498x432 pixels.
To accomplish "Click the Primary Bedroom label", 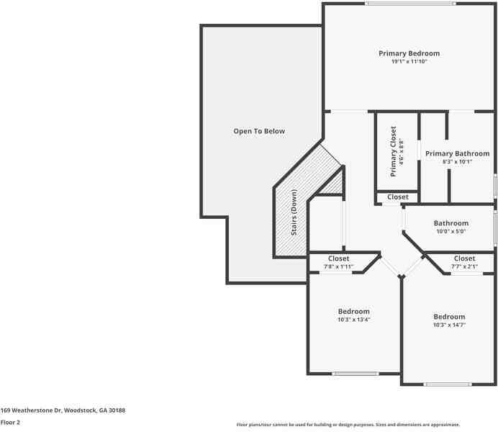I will click(x=409, y=53).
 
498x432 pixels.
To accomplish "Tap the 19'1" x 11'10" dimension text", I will click(x=409, y=62).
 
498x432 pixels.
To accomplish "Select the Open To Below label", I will click(x=259, y=131).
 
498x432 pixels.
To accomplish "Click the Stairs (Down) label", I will click(x=294, y=213).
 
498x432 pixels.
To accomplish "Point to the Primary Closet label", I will click(x=394, y=151).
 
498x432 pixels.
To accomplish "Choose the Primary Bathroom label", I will click(x=457, y=153).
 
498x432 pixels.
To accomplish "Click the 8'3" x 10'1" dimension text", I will click(x=457, y=162).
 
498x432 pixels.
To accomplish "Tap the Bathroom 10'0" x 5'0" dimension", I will click(x=451, y=232).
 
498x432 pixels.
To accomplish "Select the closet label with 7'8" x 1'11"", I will click(x=338, y=258).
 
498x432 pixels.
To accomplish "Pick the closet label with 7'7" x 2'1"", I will click(x=464, y=258).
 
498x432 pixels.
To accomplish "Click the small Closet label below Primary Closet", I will click(x=397, y=197).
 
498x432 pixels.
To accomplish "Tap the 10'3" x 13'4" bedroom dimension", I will click(x=353, y=320).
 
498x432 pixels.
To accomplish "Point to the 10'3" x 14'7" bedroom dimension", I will click(x=448, y=325).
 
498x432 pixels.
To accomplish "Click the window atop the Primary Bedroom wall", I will click(x=409, y=4).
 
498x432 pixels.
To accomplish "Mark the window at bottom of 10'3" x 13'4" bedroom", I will click(x=355, y=374).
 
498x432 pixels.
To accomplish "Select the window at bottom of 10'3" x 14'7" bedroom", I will click(x=448, y=384).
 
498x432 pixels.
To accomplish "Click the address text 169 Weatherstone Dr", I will click(x=63, y=410).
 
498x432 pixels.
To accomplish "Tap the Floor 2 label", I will click(x=10, y=423).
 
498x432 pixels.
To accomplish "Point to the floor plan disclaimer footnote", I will click(x=348, y=425).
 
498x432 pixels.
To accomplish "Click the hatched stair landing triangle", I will click(x=332, y=184).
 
